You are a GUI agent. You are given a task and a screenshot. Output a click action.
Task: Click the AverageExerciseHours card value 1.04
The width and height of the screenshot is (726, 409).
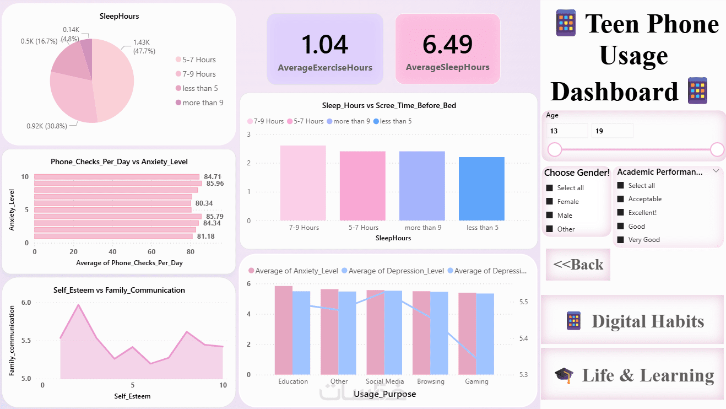point(325,45)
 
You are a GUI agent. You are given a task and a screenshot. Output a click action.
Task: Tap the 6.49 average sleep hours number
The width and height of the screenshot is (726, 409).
point(447,45)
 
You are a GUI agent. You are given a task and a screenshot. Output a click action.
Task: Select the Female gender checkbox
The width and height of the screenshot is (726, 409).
point(549,202)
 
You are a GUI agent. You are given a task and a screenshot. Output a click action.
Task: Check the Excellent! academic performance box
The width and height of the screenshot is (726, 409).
point(621,213)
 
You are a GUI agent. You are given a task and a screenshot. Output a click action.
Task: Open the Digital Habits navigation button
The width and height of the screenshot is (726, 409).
point(632,321)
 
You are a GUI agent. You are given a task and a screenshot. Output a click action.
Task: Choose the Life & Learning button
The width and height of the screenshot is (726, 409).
point(632,375)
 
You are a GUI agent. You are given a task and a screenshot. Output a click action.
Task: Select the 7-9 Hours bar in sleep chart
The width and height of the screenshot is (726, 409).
point(303,183)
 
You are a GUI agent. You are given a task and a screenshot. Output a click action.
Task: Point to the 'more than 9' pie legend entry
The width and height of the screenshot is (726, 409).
point(199,103)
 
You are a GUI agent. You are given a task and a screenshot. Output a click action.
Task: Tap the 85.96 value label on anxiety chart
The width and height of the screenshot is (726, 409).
point(215,184)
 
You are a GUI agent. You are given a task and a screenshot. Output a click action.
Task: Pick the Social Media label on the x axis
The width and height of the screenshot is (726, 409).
point(385,381)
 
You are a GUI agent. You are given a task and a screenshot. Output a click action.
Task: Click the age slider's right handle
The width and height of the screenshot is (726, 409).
point(717,149)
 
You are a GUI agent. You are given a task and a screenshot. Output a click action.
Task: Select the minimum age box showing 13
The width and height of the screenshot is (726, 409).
point(567,131)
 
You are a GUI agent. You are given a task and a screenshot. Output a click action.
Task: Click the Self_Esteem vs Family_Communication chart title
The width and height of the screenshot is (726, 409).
point(119,290)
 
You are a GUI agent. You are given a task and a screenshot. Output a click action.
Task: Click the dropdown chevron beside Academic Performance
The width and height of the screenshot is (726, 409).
point(716,171)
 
